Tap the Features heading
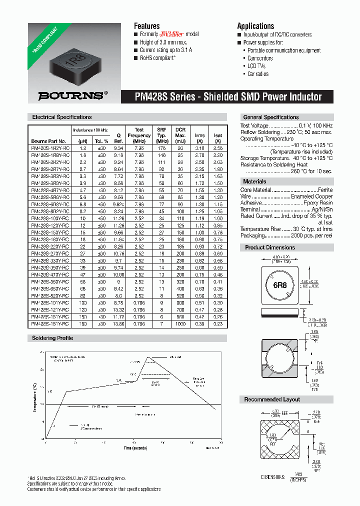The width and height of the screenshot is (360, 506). [146, 26]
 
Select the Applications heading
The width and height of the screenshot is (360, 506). [255, 26]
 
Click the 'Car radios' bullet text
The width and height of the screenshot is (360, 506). [258, 74]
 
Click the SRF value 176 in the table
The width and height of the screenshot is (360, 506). [161, 148]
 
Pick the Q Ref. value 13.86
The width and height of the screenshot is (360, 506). [118, 324]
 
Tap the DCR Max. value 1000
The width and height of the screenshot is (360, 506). [180, 324]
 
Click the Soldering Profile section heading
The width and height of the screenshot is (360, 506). [52, 338]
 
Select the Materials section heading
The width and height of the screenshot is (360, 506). [254, 181]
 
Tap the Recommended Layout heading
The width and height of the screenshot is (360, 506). [272, 399]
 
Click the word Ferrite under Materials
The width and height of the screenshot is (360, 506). [325, 190]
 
